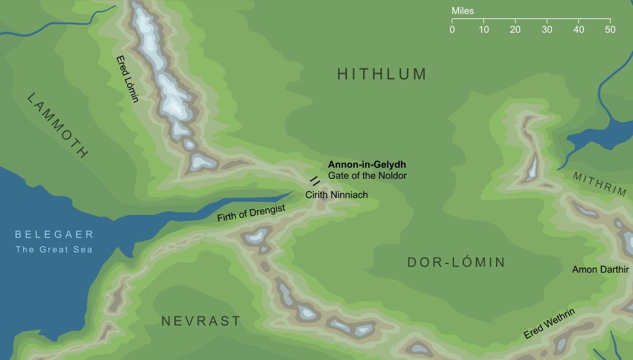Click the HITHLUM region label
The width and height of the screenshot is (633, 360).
coord(382,74)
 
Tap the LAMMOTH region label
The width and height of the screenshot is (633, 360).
coord(58,125)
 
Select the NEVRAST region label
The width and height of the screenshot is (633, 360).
coord(201,321)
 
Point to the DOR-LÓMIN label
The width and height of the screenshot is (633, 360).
coord(456,263)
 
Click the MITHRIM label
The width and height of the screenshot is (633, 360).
coord(599,184)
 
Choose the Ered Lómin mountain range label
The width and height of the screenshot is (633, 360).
coord(128,79)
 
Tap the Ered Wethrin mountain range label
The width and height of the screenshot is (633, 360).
coord(549,323)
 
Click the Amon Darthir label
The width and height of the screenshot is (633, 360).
coord(596,269)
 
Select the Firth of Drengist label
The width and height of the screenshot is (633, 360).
coord(251,214)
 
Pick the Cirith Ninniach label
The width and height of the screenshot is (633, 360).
coord(336,195)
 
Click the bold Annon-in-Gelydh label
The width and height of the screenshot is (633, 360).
coord(367,164)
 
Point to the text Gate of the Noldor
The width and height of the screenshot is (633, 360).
coord(367,175)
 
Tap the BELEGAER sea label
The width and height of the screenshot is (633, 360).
coord(54,235)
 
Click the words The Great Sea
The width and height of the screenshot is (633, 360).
coord(54,249)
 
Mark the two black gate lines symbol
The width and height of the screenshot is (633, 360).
coord(315,181)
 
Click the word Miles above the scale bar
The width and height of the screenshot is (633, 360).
coord(463,10)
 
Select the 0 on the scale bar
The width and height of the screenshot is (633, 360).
coord(452,29)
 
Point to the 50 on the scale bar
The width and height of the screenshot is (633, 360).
coord(610,29)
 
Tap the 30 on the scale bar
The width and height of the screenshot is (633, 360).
coord(547,29)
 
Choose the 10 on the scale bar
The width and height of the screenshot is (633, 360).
coord(484,29)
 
